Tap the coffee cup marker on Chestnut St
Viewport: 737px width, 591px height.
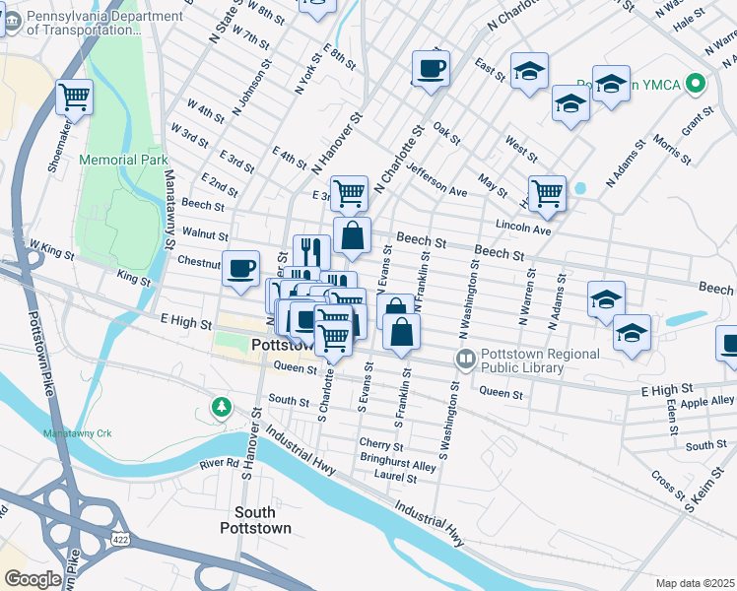click(x=240, y=269)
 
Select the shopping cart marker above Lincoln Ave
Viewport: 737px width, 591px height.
click(x=547, y=193)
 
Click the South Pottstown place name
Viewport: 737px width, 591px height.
click(x=262, y=520)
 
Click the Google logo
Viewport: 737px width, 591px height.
click(x=33, y=579)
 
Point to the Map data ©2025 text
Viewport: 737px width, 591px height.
click(x=695, y=583)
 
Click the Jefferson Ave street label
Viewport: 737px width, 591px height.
click(x=436, y=179)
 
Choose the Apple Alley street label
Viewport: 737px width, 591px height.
click(x=707, y=403)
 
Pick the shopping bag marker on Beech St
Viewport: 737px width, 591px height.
click(x=353, y=236)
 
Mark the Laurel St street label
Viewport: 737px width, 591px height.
click(x=396, y=478)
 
